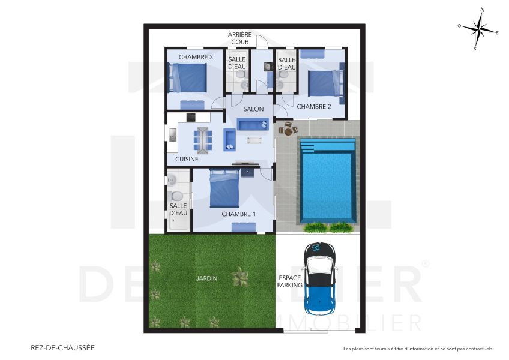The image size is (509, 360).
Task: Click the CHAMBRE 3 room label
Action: point(196,58)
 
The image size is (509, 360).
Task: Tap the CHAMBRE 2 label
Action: point(314,107)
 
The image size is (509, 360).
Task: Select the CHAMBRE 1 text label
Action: point(238,214)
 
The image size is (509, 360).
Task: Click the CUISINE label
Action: point(187,160)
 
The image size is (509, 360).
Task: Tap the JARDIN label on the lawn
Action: point(206,278)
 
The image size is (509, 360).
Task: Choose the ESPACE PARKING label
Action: point(290,282)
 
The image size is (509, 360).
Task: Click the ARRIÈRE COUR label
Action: point(239,38)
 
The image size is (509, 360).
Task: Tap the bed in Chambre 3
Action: point(187,78)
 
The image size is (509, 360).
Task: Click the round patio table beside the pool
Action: point(288,129)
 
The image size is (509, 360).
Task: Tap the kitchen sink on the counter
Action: point(173,137)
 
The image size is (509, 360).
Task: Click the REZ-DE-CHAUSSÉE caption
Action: point(62,347)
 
